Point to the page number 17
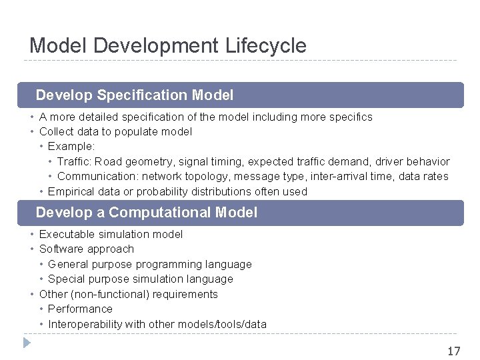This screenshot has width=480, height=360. coord(453,351)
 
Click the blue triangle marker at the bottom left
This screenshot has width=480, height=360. coord(26,343)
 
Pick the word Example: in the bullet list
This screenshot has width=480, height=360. coord(71,147)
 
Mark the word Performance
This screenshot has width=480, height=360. coord(80,309)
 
